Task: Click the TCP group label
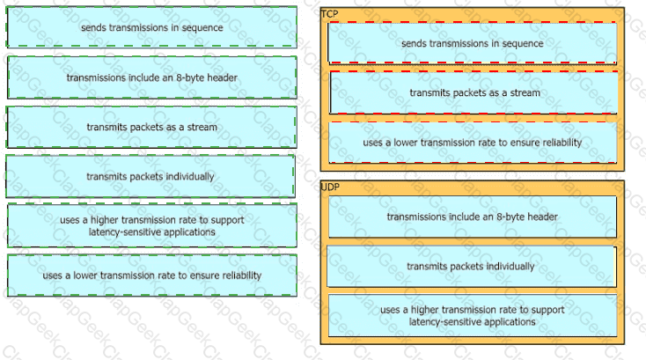[329, 14]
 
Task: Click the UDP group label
[330, 187]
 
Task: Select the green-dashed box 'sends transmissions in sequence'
[151, 27]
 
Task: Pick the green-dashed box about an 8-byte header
[152, 77]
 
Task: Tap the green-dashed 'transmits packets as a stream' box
[151, 127]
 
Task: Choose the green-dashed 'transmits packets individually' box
[150, 176]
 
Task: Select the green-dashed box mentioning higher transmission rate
[152, 225]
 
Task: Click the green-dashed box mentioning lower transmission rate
[152, 276]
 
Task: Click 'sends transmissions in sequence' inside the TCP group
[472, 43]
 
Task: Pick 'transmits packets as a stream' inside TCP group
[473, 92]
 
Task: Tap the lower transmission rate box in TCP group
[473, 143]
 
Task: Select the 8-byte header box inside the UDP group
[473, 217]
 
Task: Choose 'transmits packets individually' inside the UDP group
[472, 267]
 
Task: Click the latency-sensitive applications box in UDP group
[473, 315]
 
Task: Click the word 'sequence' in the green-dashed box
[202, 27]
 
